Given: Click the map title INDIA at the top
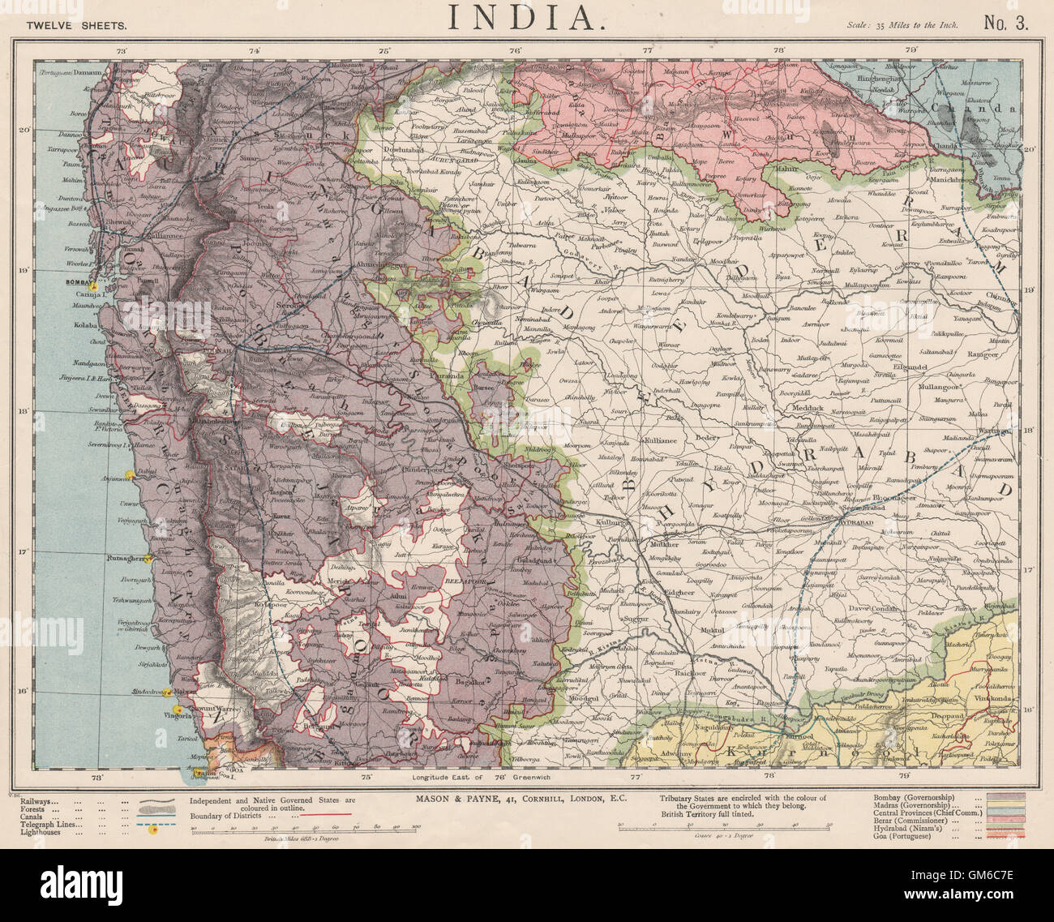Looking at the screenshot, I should (526, 18).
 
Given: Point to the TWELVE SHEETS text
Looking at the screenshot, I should (76, 24).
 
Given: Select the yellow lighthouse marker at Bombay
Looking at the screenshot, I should (94, 286).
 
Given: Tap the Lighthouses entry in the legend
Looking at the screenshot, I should (50, 832).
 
